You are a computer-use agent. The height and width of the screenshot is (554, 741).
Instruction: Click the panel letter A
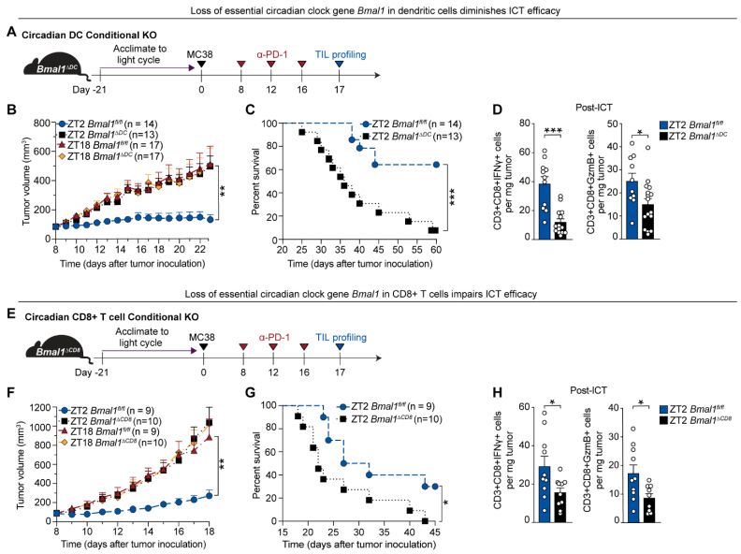11,34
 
